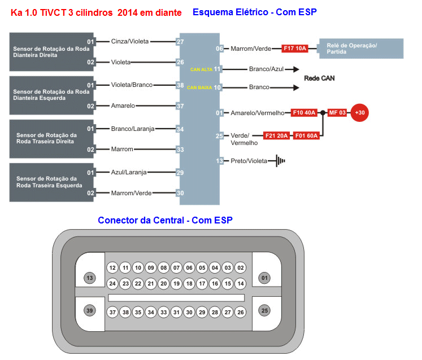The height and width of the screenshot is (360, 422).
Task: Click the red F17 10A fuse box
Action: point(294,49)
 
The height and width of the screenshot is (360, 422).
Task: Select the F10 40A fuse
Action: point(303,113)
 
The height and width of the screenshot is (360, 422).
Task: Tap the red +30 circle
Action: point(359,113)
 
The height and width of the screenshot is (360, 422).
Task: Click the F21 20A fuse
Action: point(277,135)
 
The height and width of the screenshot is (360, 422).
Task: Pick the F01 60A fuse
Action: point(307,135)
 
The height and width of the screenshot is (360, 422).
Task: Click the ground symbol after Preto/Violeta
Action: point(280,161)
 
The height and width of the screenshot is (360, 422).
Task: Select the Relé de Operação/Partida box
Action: point(362,49)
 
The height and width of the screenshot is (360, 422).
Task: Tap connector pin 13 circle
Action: point(89,278)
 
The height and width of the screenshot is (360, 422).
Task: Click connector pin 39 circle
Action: point(89,310)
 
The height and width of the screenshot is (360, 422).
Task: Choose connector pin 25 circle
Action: point(264,310)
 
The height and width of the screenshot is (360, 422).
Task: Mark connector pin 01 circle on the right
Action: point(264,278)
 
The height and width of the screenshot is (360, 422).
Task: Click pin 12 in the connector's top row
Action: point(112,267)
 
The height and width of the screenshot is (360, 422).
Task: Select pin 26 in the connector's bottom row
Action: point(240,311)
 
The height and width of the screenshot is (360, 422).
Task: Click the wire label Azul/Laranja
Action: point(129,172)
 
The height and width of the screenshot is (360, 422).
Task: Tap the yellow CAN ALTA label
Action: point(202,69)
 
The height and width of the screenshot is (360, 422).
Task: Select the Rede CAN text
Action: point(319,78)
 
